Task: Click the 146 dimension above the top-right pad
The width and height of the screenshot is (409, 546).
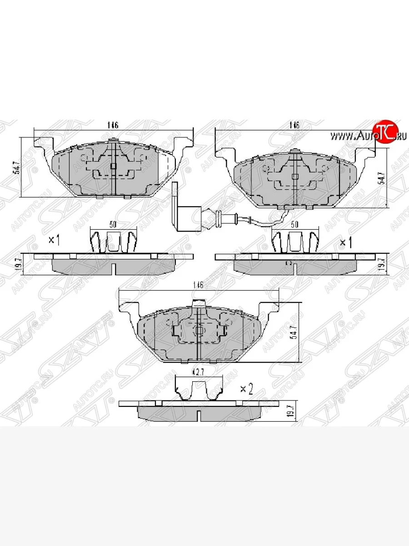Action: [x=294, y=126]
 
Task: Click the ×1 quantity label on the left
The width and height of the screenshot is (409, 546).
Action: [x=54, y=240]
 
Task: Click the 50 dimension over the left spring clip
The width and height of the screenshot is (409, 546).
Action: [x=113, y=224]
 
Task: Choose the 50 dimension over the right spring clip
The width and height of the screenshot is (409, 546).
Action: [x=294, y=224]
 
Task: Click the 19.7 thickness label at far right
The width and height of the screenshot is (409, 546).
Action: [x=383, y=264]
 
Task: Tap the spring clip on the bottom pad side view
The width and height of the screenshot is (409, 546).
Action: [x=199, y=389]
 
